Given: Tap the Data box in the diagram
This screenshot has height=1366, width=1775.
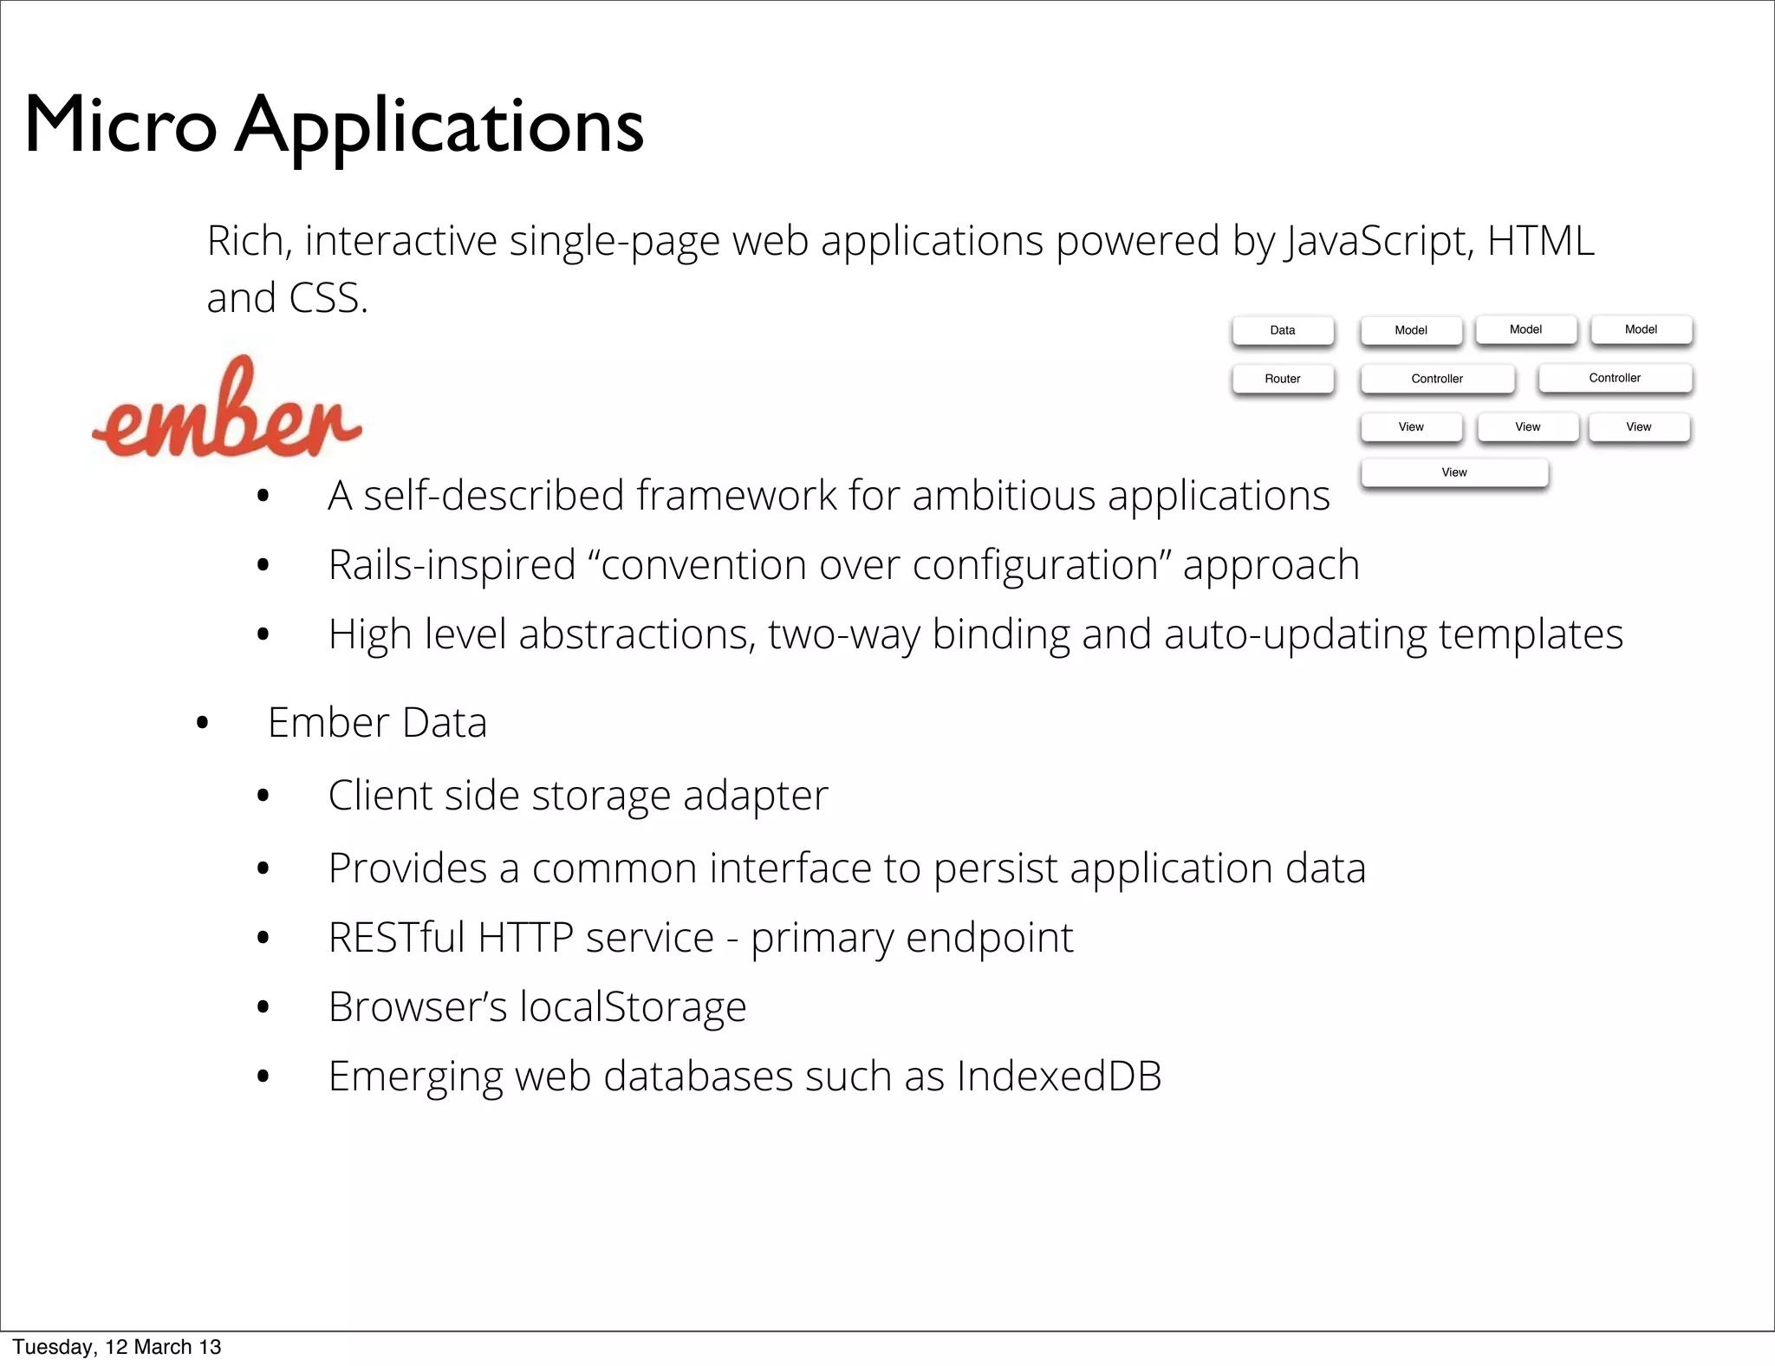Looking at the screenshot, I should coord(1282,330).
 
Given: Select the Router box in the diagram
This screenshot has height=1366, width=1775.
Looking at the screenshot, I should coord(1282,379).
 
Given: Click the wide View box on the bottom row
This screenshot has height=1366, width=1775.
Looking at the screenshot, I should coord(1453,472).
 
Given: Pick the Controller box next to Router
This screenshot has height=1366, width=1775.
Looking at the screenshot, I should coord(1436,379).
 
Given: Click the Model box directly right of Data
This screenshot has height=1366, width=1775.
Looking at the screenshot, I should coord(1410,330).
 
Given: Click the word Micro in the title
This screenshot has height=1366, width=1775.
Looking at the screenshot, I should coord(120,126).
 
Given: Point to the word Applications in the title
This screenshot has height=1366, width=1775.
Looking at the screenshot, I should coord(439,127).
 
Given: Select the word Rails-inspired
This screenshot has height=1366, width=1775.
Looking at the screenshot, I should coord(452,565).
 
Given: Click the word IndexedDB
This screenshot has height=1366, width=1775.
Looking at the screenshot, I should coord(1058,1076).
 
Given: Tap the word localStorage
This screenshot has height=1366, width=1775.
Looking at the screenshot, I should coord(632,1007).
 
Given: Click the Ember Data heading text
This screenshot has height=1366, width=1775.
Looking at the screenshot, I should coord(377,723).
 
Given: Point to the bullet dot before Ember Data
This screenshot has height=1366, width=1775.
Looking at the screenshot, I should coord(203,723).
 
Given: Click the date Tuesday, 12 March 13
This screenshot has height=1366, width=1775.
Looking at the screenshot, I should coord(117,1347).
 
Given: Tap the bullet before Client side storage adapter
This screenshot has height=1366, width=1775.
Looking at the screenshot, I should coord(263,796).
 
